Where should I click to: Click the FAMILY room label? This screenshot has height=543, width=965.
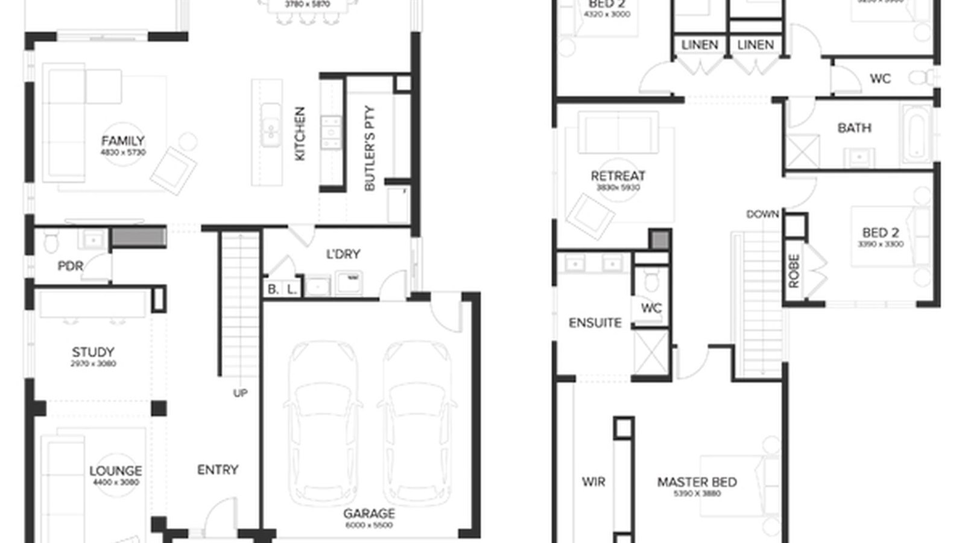pyautogui.click(x=123, y=141)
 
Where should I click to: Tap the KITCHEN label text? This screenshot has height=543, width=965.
pyautogui.click(x=300, y=134)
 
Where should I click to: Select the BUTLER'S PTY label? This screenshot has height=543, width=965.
pyautogui.click(x=370, y=148)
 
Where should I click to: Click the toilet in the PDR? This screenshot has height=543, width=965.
pyautogui.click(x=51, y=243)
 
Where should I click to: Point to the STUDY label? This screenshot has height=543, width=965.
pyautogui.click(x=93, y=352)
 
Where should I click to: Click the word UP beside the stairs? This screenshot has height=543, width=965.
pyautogui.click(x=240, y=393)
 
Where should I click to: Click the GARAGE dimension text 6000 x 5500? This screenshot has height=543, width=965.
pyautogui.click(x=369, y=526)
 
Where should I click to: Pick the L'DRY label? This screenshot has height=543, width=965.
pyautogui.click(x=343, y=255)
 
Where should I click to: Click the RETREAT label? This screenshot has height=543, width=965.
pyautogui.click(x=618, y=176)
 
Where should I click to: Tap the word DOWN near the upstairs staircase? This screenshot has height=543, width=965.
pyautogui.click(x=762, y=215)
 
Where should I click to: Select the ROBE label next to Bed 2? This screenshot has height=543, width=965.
pyautogui.click(x=794, y=270)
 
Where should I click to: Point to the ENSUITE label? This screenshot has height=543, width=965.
pyautogui.click(x=595, y=323)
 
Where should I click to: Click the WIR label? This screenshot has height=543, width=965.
pyautogui.click(x=593, y=482)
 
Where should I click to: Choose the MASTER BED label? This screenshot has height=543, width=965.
pyautogui.click(x=697, y=482)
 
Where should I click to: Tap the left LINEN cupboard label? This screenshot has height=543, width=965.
pyautogui.click(x=700, y=45)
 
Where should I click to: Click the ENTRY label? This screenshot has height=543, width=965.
pyautogui.click(x=218, y=469)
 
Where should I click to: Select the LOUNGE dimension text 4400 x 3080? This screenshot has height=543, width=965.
pyautogui.click(x=116, y=483)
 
